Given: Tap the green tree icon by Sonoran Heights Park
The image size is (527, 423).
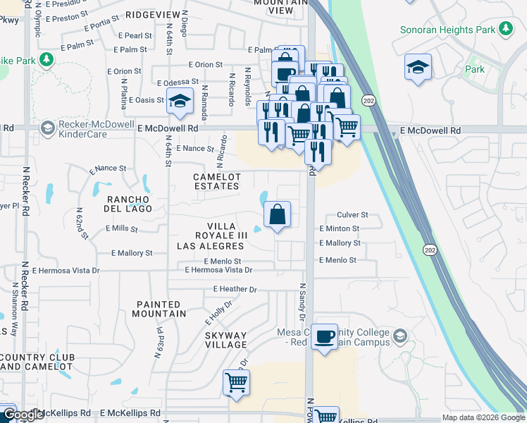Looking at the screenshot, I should point(505,28).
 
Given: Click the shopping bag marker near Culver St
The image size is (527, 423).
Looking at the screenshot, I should point(278,214).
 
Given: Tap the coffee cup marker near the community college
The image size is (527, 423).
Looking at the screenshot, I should point(325,338).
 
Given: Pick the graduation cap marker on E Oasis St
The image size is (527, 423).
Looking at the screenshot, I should point(180,99).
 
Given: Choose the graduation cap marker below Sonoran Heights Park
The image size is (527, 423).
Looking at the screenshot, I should point(418,66).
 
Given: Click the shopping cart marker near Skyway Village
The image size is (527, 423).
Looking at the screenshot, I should point(237,382).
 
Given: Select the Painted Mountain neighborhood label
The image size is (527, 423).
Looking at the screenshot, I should point(161,308).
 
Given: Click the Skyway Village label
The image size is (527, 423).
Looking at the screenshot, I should point(226,340).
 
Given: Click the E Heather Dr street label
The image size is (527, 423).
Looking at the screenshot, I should point(235,289).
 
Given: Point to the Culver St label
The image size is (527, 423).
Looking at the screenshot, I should point(353,214).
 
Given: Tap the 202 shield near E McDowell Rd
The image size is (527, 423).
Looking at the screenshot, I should point(368,102).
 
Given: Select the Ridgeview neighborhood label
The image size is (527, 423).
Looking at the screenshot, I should point(154,14).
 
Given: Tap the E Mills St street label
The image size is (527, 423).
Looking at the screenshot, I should point(121,228).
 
